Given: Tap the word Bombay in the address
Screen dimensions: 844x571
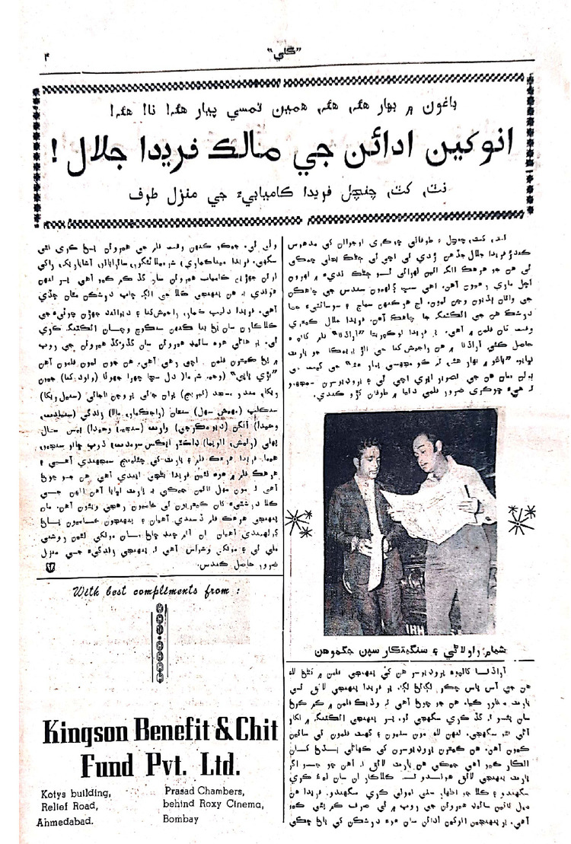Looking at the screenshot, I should click(x=181, y=820).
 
